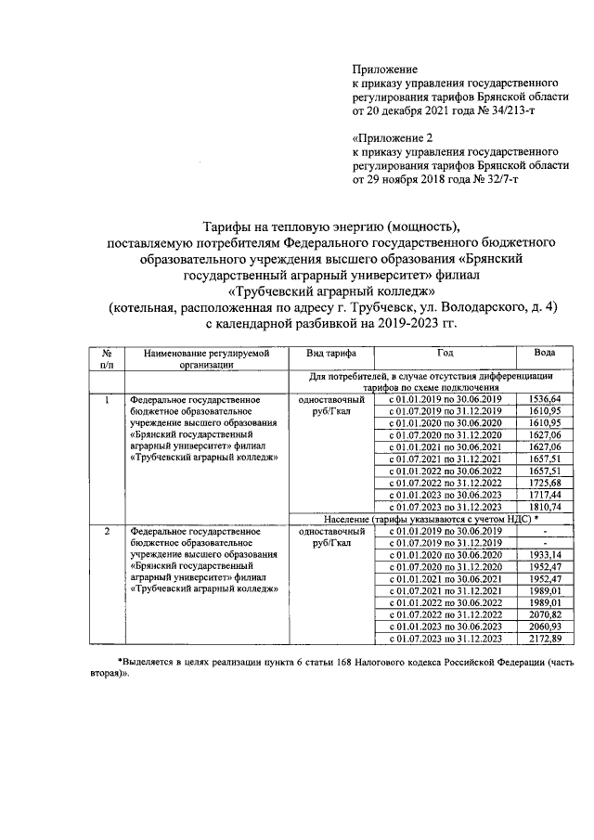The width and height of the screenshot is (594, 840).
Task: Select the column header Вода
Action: pos(545,354)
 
